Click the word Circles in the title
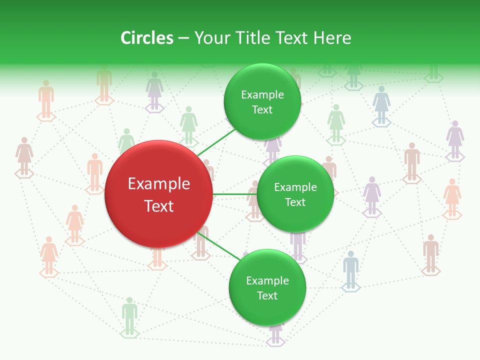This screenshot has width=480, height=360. (x=147, y=38)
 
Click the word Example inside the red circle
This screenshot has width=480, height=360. (x=159, y=184)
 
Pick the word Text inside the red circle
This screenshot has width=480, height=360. (x=159, y=206)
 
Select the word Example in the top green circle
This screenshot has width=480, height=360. (x=262, y=95)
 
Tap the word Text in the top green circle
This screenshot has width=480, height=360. (x=262, y=110)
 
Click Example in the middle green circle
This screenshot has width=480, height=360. (x=295, y=187)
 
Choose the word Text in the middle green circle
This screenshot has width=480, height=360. (x=295, y=202)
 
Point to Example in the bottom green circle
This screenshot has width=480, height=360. (x=267, y=281)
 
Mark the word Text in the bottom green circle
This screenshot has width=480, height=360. (x=267, y=296)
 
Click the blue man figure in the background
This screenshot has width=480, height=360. (x=351, y=268)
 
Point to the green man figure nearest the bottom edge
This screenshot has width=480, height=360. (x=129, y=314)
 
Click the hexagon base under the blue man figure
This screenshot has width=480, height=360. (x=351, y=287)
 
